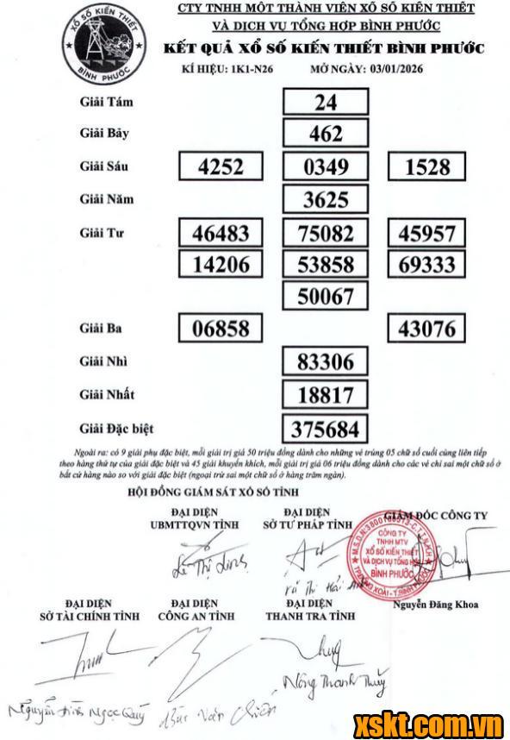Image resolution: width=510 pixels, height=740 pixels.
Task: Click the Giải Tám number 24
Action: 326,103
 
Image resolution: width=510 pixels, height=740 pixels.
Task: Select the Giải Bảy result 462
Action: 326,134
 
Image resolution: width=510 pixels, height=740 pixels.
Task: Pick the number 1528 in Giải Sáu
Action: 427,167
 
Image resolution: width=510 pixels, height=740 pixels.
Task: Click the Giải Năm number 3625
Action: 326,200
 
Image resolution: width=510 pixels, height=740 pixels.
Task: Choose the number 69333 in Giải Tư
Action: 427,265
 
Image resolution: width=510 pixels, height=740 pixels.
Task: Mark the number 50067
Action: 326,297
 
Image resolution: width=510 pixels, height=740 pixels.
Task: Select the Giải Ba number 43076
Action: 427,329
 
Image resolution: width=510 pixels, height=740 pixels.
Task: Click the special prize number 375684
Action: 326,429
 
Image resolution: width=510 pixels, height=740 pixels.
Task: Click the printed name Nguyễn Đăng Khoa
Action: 434,604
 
